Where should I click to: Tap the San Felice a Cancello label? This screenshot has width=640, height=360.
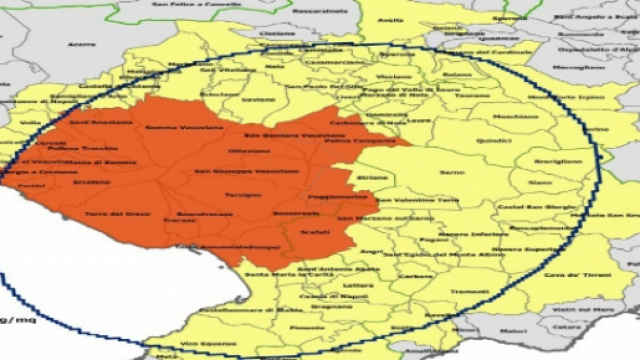pos(190,4)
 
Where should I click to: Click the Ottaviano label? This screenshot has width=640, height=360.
pos(249,151)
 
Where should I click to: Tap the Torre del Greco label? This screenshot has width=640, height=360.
pos(110,213)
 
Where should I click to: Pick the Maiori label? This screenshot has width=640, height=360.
pos(514,329)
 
